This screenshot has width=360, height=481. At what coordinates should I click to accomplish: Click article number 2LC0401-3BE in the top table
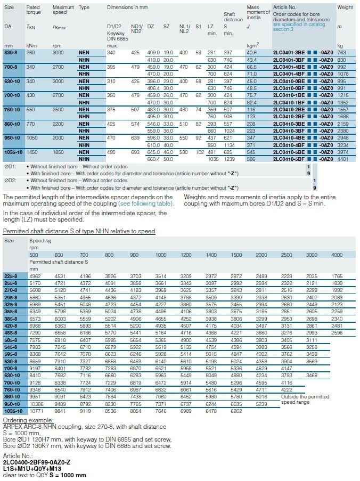click(x=289, y=52)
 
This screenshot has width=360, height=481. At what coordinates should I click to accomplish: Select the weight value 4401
click(x=343, y=159)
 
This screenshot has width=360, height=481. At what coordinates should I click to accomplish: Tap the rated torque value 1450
click(x=32, y=152)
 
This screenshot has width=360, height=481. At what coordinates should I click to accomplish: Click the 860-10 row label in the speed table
click(x=12, y=397)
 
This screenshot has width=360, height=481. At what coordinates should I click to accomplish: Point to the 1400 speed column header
click(x=211, y=255)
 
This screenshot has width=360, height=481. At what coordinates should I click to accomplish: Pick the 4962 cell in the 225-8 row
click(x=35, y=276)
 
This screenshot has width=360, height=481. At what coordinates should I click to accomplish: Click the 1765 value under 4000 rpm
click(x=337, y=276)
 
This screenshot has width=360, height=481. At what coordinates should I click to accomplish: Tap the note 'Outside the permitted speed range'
click(x=305, y=400)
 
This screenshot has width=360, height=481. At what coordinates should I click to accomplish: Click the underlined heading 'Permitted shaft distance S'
click(x=79, y=231)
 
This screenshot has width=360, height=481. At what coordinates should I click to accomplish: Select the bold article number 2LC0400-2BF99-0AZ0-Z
click(x=37, y=462)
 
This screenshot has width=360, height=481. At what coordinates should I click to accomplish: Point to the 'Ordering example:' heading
click(x=28, y=420)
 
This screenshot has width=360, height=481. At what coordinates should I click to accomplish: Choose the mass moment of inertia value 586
click(x=251, y=159)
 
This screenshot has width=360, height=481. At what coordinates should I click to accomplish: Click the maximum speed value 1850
click(x=58, y=152)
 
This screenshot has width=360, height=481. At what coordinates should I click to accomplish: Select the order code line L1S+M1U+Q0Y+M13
click(x=32, y=469)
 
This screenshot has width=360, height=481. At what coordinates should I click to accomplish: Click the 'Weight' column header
click(x=345, y=7)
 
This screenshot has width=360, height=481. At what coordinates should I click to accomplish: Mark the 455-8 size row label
click(x=11, y=333)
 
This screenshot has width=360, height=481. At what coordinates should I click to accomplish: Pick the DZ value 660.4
click(x=153, y=159)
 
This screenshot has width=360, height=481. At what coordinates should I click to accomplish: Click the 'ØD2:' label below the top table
click(x=10, y=181)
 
